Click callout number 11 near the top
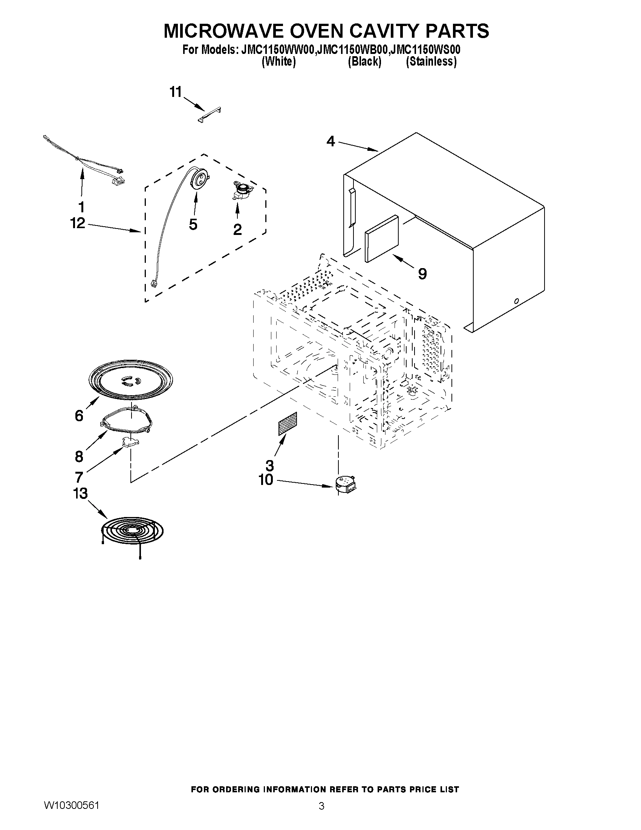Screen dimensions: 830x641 pyautogui.click(x=176, y=92)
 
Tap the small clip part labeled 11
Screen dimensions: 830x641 pyautogui.click(x=210, y=115)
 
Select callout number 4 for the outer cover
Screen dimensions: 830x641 pyautogui.click(x=331, y=141)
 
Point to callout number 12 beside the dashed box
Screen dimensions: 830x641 pyautogui.click(x=78, y=223)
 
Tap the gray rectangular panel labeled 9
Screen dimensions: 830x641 pyautogui.click(x=381, y=239)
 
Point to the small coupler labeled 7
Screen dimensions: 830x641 pyautogui.click(x=130, y=442)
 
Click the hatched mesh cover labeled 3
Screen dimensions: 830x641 pyautogui.click(x=288, y=423)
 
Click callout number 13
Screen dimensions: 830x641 pyautogui.click(x=80, y=493)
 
